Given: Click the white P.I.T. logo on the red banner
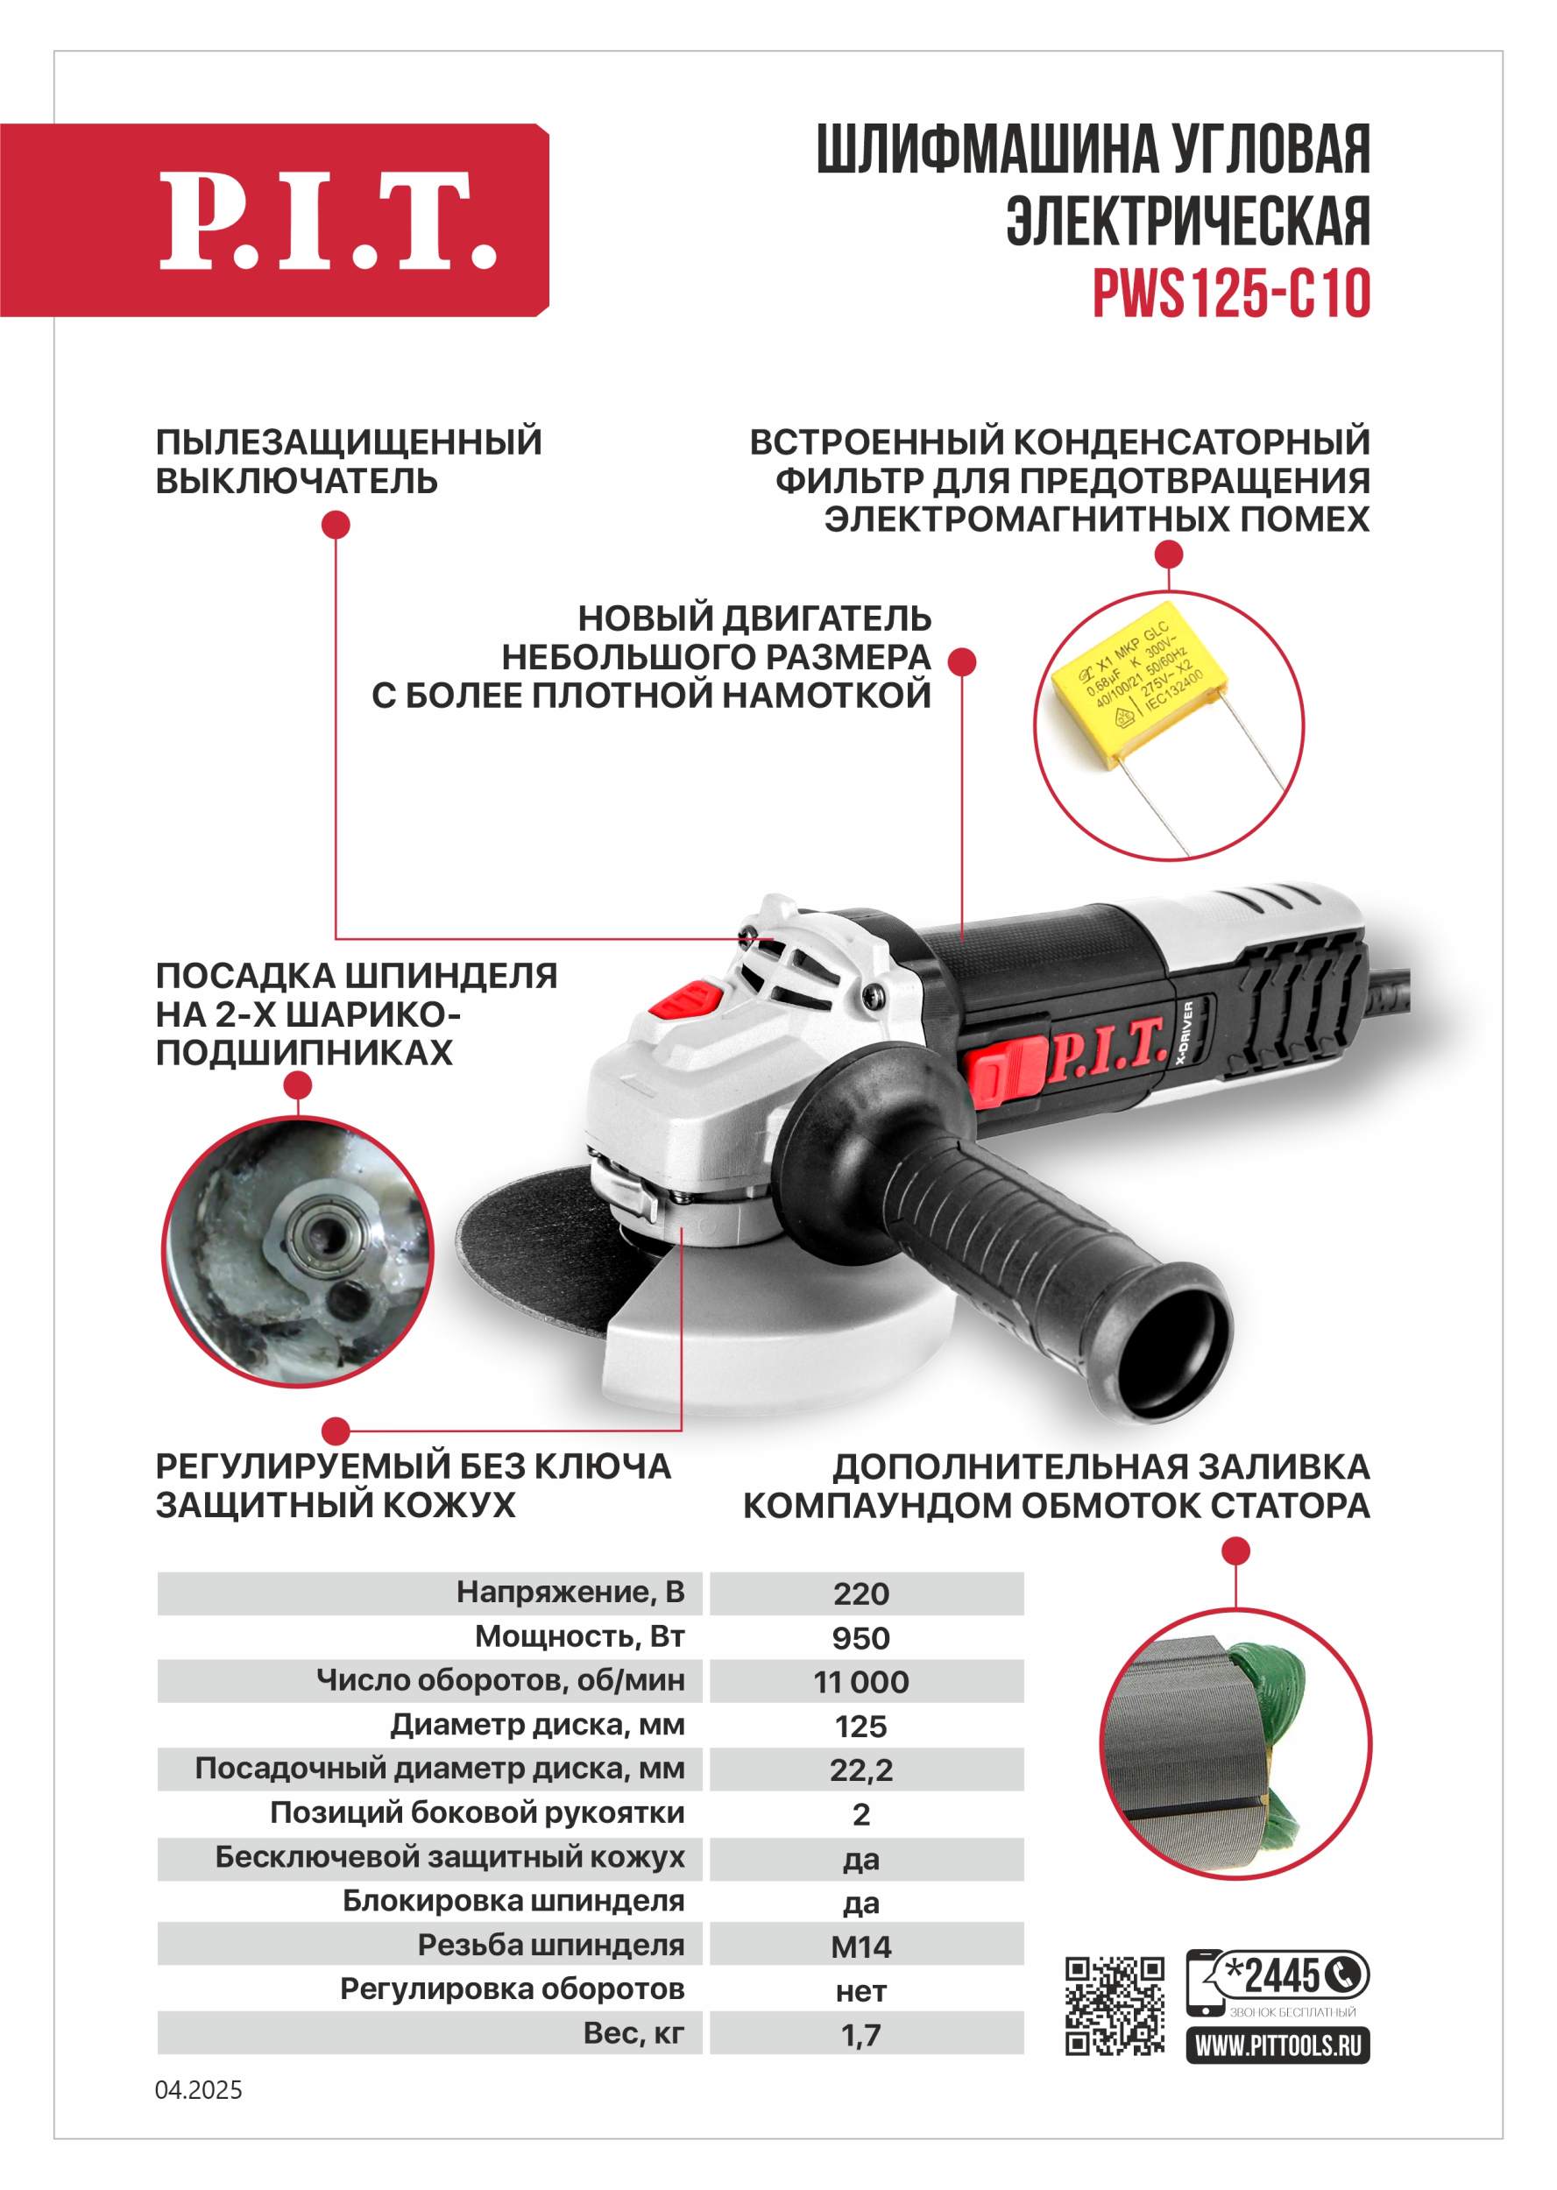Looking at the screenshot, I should click(328, 221).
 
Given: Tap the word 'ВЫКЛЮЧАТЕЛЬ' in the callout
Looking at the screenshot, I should click(296, 481).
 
